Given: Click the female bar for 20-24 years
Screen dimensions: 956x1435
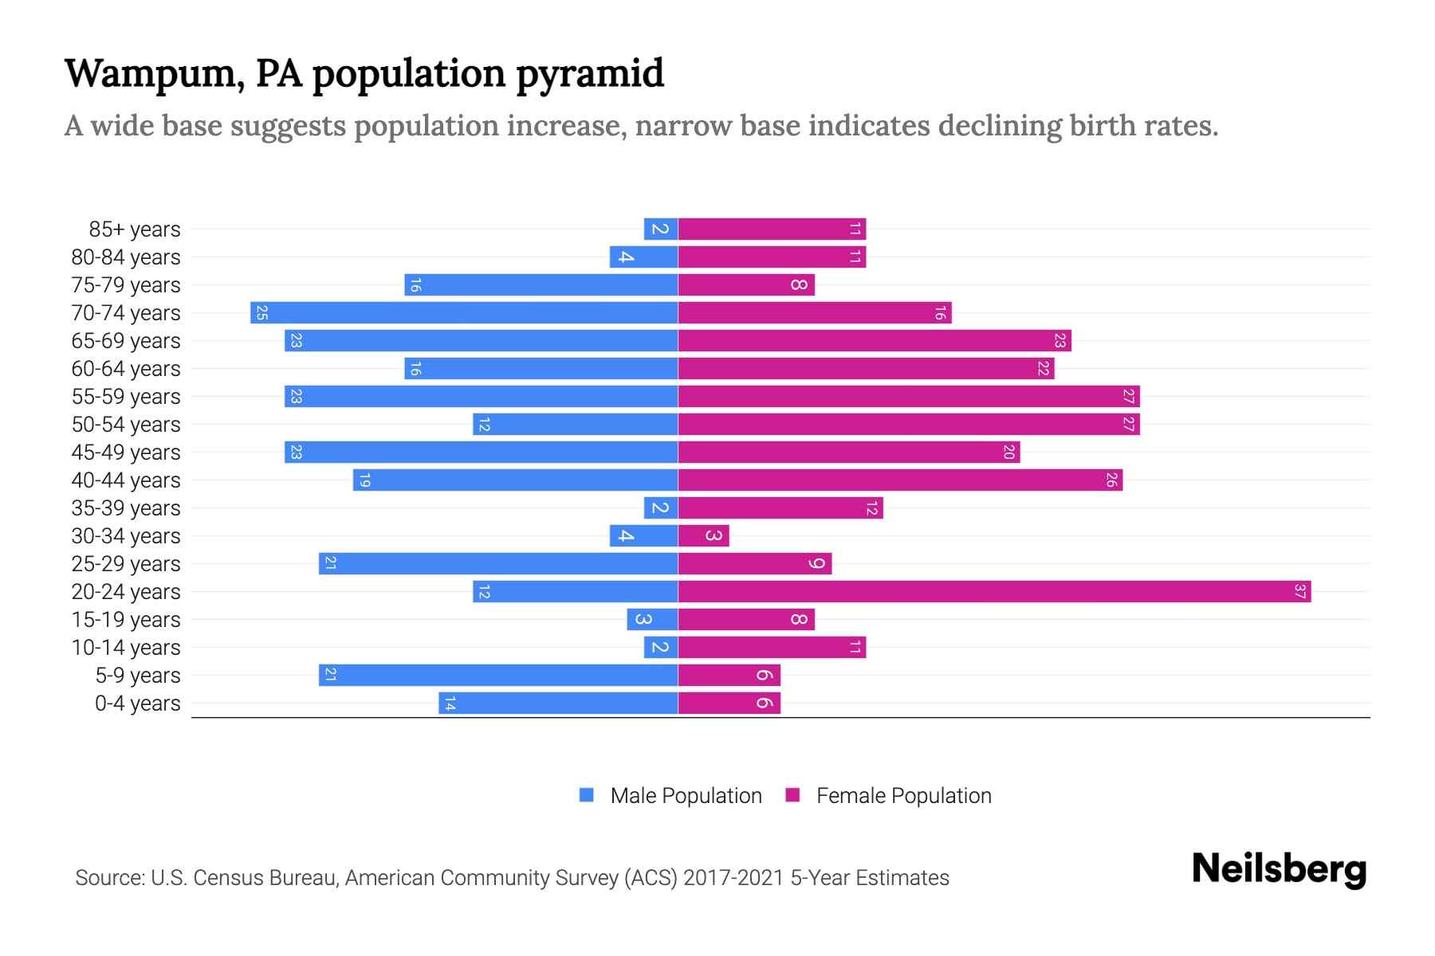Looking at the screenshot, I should coord(994,592).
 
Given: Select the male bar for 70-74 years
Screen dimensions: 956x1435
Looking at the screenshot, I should coord(464,313).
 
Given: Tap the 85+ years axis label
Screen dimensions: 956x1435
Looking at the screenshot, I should coord(135,229).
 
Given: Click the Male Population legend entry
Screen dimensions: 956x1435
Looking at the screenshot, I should coord(670,796).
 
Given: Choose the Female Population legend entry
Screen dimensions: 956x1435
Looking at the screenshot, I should coord(889,796).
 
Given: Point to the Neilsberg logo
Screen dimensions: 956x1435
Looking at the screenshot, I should coord(1279,869).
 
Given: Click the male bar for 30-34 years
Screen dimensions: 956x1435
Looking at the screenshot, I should coord(643,536).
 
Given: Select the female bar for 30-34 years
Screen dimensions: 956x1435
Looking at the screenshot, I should coord(703,536).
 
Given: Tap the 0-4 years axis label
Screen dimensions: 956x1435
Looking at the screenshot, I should coord(137,703).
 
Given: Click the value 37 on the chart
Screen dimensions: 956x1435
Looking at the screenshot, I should coord(1299,592).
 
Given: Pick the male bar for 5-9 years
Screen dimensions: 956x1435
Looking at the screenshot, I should coord(498,676).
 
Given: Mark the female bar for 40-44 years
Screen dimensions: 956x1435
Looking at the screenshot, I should coord(900,480).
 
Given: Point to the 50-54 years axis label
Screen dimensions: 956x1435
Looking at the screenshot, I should coord(126,425).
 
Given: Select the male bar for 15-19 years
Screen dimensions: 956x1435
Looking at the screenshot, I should coord(652,620).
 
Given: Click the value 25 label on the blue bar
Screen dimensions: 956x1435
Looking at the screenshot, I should coord(261,313).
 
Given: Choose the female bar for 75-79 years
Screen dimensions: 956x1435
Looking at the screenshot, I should coord(746,285).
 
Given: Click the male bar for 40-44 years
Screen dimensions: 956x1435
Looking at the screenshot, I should coord(515,480).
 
